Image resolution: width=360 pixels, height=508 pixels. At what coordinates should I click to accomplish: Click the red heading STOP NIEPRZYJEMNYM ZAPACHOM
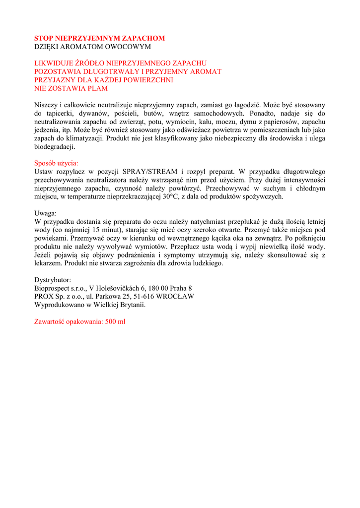[x=99, y=38]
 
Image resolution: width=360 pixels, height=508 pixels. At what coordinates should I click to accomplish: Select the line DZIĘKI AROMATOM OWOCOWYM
[x=92, y=47]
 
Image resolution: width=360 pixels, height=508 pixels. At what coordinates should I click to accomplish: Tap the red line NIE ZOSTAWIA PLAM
[x=71, y=89]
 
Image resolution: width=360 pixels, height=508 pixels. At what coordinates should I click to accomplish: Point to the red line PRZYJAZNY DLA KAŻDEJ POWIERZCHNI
[x=103, y=80]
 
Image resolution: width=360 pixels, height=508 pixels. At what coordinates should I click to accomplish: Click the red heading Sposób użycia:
[x=56, y=163]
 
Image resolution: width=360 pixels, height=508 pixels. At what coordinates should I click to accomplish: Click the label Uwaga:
[x=45, y=213]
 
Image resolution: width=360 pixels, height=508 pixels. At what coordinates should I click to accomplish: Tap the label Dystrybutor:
[x=53, y=280]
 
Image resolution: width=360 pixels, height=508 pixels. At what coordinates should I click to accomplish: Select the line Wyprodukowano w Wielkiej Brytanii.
[x=90, y=305]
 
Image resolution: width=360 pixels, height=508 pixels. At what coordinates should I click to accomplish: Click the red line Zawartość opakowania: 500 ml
[x=79, y=321]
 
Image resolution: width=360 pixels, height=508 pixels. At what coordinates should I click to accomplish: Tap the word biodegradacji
[x=54, y=147]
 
